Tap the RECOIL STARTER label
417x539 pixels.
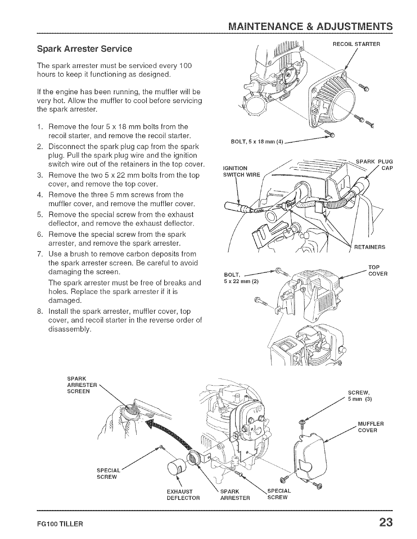click(356, 44)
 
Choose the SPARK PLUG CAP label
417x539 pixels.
click(374, 165)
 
